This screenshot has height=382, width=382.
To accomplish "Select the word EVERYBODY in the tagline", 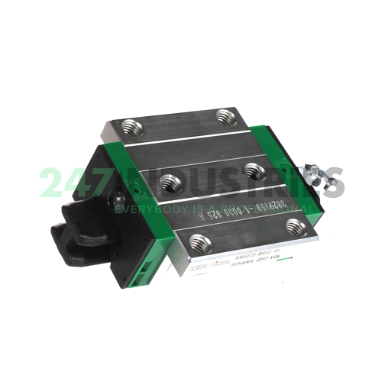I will [145, 206].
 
